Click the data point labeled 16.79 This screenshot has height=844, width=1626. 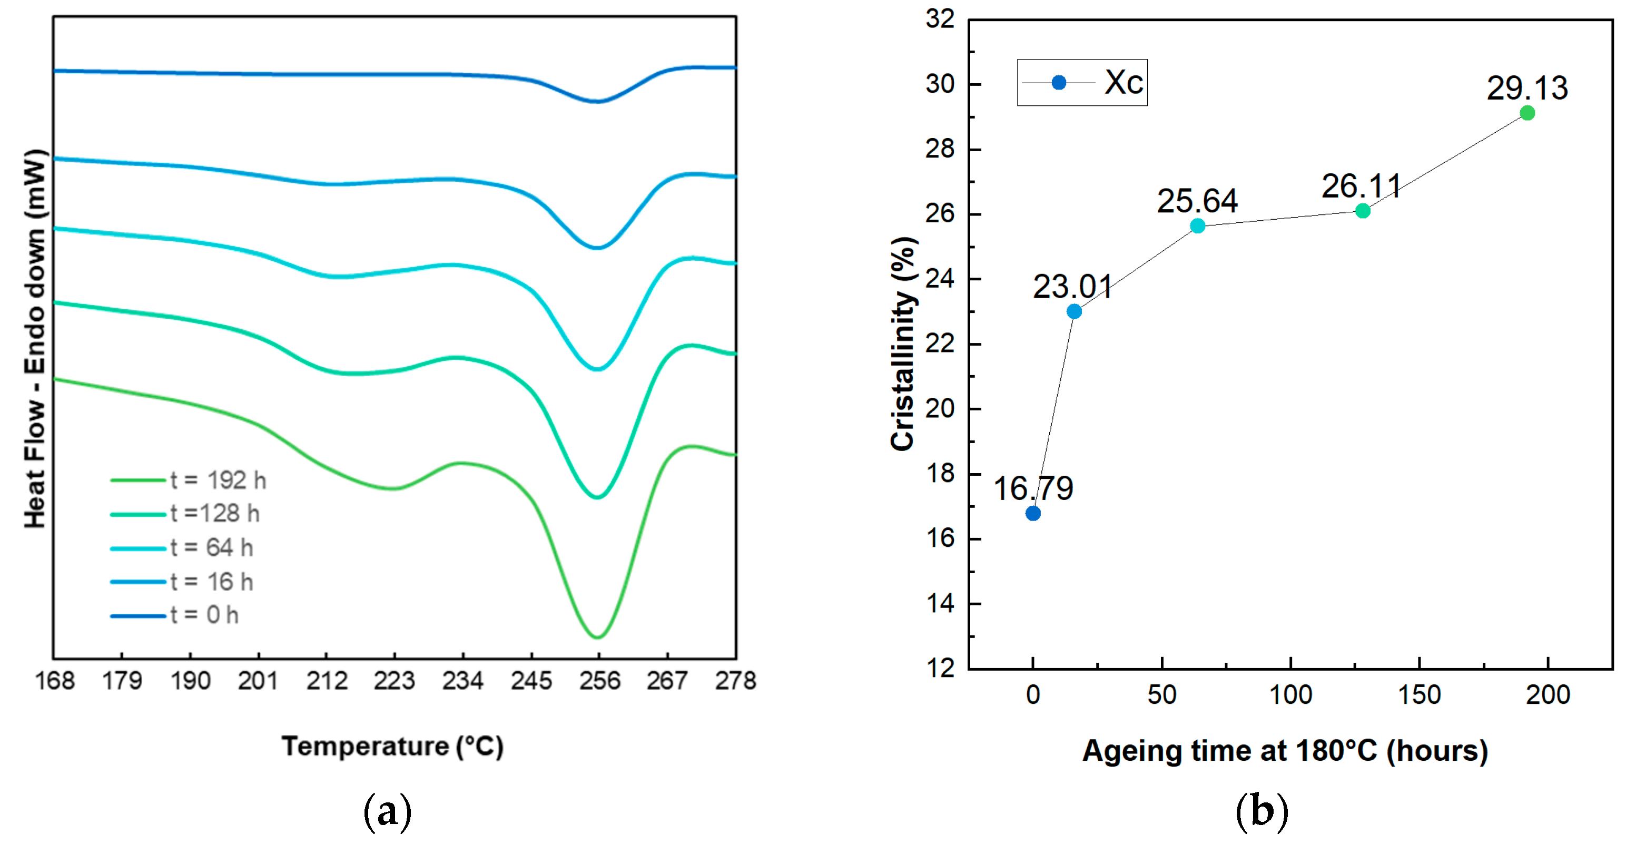(1033, 513)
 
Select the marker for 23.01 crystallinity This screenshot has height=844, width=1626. (1073, 311)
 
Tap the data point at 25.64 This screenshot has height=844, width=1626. (1197, 225)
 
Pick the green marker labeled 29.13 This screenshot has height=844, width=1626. (1527, 113)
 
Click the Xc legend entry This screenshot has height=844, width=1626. (1082, 82)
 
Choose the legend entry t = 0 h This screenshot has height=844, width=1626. (204, 615)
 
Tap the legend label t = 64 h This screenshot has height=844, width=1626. (211, 547)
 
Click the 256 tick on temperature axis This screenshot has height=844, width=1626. (599, 681)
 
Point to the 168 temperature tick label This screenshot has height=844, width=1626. (54, 681)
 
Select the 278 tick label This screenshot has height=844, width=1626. (735, 681)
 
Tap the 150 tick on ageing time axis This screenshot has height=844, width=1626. (1419, 695)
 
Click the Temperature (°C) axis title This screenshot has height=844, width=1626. (392, 747)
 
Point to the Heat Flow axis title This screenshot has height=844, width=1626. (35, 339)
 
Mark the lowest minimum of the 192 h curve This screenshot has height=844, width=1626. (597, 637)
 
